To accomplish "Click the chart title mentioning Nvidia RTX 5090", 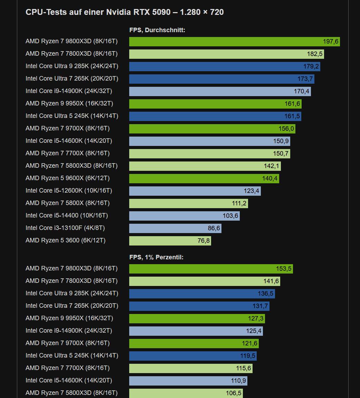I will click(x=124, y=12).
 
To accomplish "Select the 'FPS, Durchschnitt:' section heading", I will click(x=157, y=30).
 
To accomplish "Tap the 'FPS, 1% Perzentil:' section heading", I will click(x=156, y=257).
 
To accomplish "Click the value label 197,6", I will click(x=331, y=42).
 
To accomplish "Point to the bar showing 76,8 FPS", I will click(x=170, y=241).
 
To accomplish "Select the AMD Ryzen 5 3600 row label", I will click(x=65, y=240).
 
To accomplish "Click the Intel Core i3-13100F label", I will click(x=65, y=228).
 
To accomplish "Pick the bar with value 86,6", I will click(x=175, y=229).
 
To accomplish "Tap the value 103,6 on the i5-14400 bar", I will click(x=230, y=216).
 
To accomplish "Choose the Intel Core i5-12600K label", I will click(x=69, y=191).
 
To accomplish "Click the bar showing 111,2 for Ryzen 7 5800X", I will click(x=188, y=204).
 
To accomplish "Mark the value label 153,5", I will click(x=284, y=269).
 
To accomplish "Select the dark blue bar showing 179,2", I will click(x=225, y=67).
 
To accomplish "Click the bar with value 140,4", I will click(x=204, y=179).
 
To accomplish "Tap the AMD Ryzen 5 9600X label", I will click(x=67, y=178).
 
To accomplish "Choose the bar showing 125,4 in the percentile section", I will click(x=196, y=331).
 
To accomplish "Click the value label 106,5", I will click(x=234, y=394).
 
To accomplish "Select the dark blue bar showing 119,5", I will click(x=193, y=356).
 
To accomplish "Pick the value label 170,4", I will click(x=301, y=92).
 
